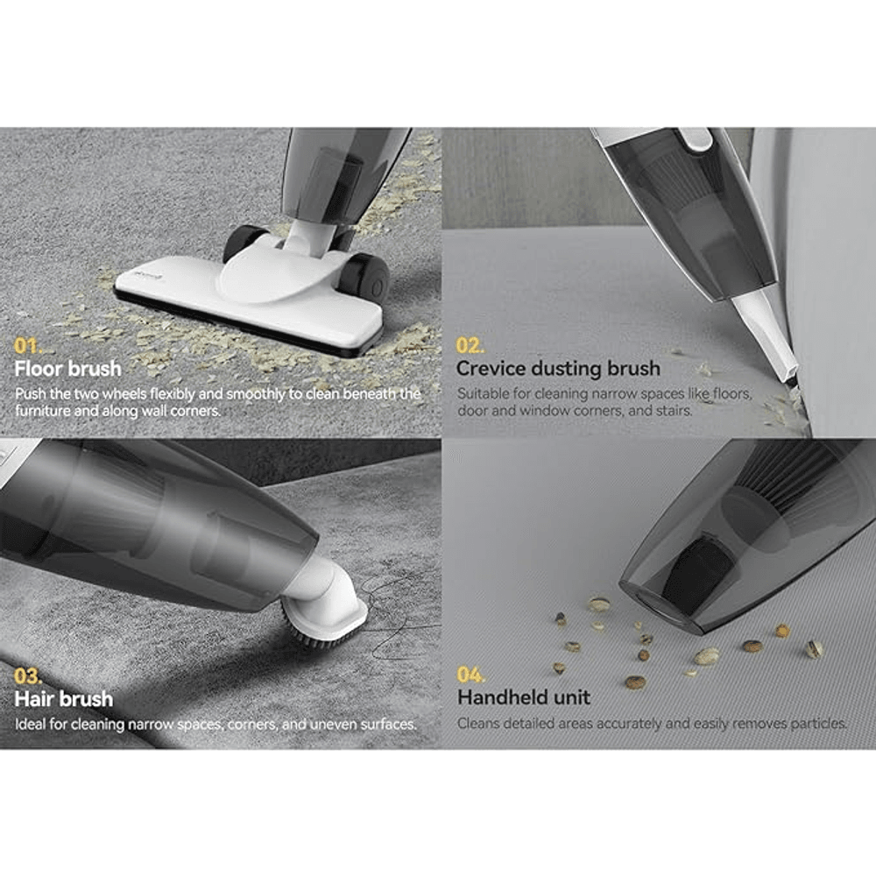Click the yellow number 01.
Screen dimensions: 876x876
(27, 346)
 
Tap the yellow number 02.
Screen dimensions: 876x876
(470, 346)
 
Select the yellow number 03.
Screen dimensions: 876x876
(27, 676)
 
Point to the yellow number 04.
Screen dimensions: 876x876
(470, 675)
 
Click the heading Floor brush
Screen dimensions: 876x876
(67, 369)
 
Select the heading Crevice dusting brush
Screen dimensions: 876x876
(558, 369)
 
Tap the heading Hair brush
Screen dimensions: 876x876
(64, 699)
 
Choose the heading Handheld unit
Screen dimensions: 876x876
(524, 697)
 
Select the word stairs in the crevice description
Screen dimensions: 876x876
(675, 411)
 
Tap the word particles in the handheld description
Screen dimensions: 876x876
(819, 724)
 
